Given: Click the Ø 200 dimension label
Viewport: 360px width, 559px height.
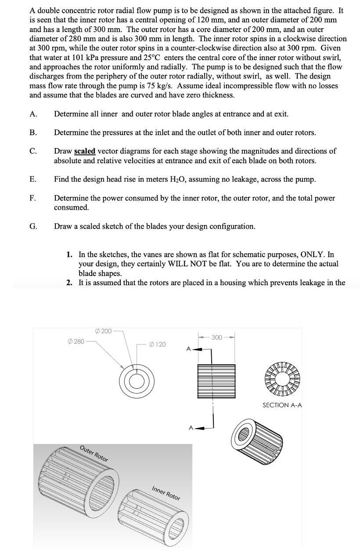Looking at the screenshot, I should pos(103,330).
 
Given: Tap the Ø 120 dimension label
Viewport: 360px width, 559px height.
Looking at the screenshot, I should pos(158,344).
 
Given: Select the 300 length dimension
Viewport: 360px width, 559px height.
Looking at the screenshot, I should pos(216,337).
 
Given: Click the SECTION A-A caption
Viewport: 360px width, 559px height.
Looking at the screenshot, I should pos(282,405).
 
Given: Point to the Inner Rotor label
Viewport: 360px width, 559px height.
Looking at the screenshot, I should pos(166,494).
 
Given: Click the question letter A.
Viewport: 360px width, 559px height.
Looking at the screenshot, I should pos(33,114).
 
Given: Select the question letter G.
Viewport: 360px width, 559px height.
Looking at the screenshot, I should pos(33,226).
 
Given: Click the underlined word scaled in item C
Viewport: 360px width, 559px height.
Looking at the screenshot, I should pos(85,151).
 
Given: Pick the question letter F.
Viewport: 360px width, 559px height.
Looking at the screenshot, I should pos(33,198).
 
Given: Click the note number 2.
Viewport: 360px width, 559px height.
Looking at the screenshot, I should pos(69,283).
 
